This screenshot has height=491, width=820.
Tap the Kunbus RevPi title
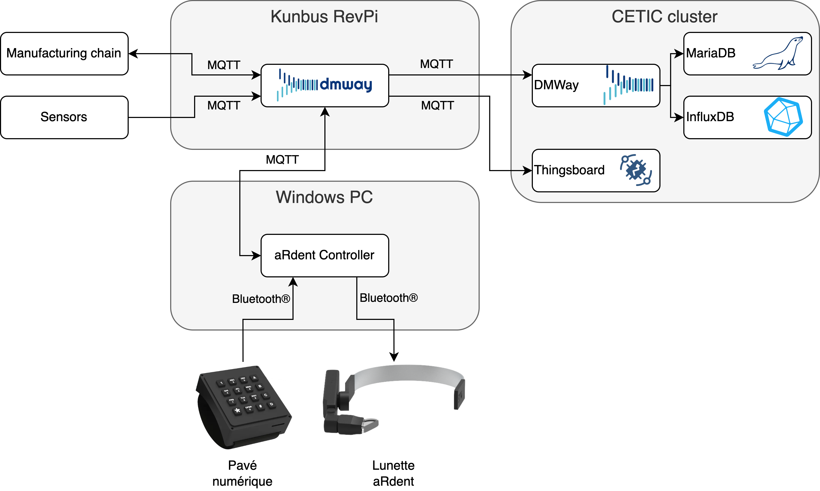(324, 16)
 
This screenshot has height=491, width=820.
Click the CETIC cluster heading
(664, 16)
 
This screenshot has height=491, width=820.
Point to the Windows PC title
(324, 197)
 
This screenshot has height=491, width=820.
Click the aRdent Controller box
(324, 255)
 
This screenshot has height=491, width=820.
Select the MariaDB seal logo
(778, 54)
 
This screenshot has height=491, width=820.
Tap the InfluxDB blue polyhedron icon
(783, 117)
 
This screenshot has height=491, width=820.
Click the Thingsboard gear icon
(636, 170)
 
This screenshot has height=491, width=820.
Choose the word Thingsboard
(569, 170)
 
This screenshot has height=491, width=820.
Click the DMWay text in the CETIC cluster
(556, 85)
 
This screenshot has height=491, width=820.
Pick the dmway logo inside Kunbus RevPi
(324, 85)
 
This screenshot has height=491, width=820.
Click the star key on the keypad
(237, 410)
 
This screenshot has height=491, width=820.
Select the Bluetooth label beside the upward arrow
(261, 299)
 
